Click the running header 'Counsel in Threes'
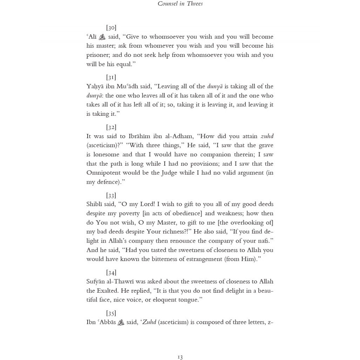click(x=180, y=4)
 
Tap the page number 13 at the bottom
click(x=180, y=357)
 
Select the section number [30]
click(x=111, y=28)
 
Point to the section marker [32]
click(x=111, y=127)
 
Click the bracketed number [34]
click(x=111, y=273)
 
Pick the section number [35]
click(x=111, y=313)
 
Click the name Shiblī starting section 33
click(x=94, y=204)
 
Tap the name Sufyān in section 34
click(x=95, y=281)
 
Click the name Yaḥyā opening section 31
click(x=95, y=87)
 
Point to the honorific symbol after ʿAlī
click(x=102, y=37)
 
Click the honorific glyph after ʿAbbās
click(x=121, y=322)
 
